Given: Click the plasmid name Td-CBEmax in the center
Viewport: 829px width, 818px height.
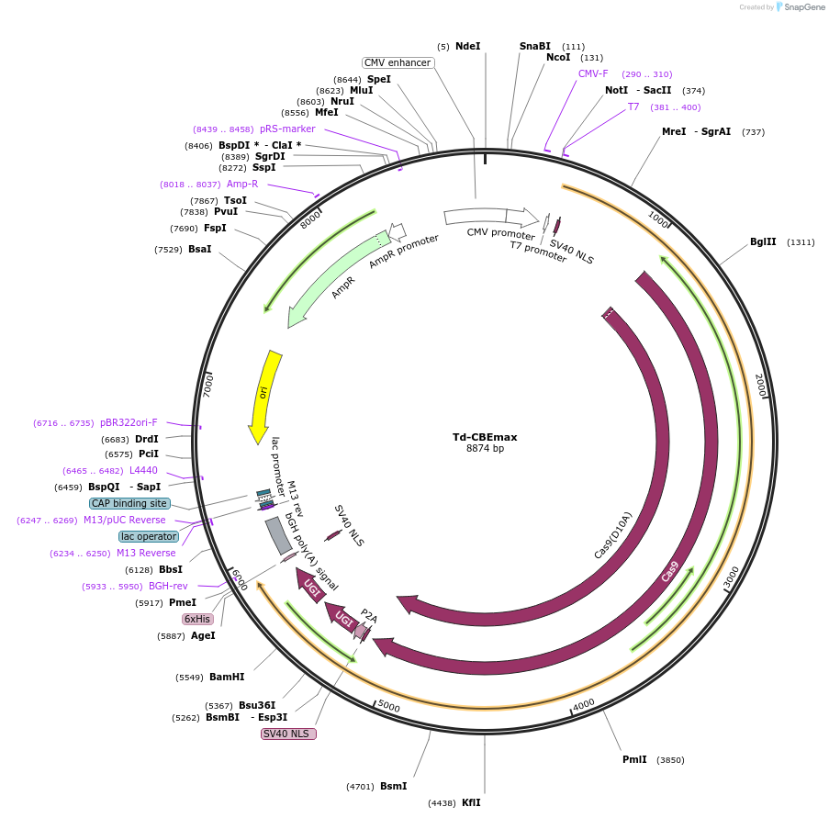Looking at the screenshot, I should coord(485,436).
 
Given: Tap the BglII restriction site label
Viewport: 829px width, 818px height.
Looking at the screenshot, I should coord(763,242).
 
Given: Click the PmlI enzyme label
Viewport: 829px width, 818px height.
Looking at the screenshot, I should coord(634,759).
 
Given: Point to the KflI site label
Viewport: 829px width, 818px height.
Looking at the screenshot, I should coord(470,802).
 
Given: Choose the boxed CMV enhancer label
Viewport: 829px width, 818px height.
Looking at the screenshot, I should coord(397,62).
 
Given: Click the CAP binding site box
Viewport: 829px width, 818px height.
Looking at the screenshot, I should coord(129,503).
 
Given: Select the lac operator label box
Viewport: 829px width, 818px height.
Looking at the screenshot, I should coord(148,536).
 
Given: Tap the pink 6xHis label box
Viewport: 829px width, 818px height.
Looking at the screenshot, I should coord(197,620).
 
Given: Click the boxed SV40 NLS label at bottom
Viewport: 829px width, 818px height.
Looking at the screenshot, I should coord(288,734).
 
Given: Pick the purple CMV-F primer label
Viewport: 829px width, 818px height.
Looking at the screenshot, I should coord(593,73).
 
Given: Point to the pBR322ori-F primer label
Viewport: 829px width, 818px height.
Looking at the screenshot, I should coord(129,422).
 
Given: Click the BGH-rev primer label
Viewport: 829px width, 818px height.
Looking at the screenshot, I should coord(168,586).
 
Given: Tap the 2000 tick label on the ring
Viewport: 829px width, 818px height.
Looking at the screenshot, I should coord(760,386).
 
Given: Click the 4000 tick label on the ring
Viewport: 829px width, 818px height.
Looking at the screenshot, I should coord(583,705).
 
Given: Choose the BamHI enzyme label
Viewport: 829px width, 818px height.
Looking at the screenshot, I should coord(227,677).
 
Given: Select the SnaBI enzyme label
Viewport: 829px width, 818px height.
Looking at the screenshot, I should coord(534,46).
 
